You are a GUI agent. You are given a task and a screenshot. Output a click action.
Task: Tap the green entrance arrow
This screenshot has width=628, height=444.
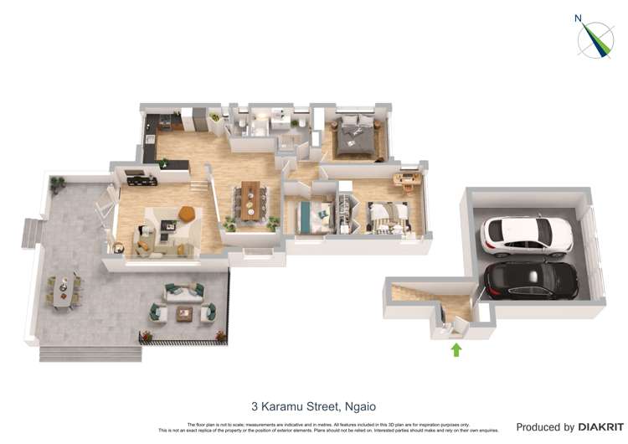click(456, 349)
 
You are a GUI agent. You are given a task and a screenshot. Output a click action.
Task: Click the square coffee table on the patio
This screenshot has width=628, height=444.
click(185, 313)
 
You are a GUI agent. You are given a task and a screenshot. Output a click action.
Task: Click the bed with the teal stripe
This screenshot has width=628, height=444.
click(308, 216)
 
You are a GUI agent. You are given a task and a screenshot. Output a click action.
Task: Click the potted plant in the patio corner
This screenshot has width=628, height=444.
click(57, 183)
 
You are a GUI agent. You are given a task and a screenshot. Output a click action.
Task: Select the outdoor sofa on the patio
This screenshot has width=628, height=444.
click(183, 292)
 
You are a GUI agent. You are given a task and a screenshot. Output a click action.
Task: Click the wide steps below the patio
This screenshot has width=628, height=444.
click(89, 353)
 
